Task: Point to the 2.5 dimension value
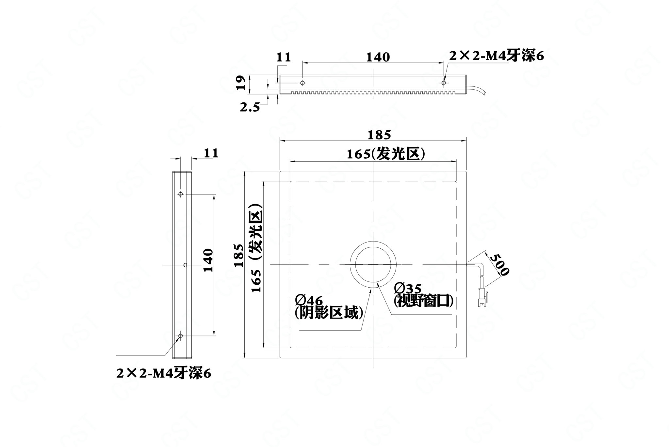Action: [250, 107]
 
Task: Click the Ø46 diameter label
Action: [308, 300]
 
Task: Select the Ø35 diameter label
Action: [408, 288]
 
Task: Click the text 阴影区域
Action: [329, 313]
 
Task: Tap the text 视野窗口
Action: [424, 301]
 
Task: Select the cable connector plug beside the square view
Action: [482, 296]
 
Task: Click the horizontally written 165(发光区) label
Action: [386, 153]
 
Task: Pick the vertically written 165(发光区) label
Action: [256, 248]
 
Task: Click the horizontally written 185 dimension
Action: [379, 135]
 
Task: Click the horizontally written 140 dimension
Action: [378, 57]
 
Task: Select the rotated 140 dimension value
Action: [208, 260]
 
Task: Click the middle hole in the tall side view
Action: [185, 265]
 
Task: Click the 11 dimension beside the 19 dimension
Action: [284, 57]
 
